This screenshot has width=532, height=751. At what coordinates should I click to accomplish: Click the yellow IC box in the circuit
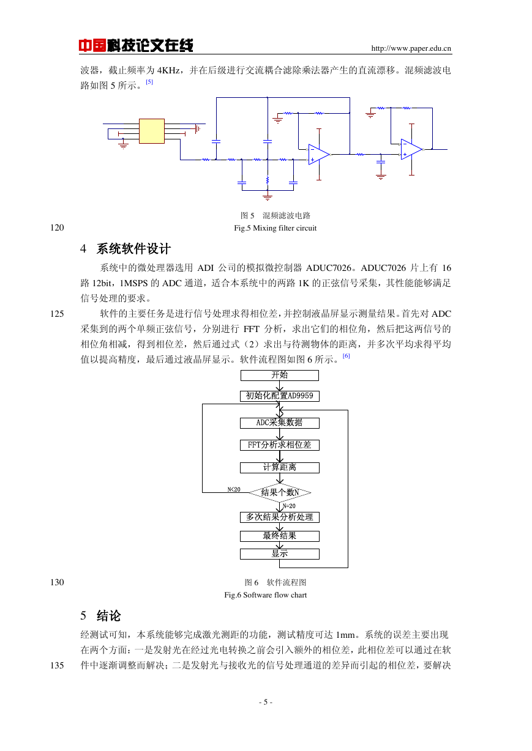click(152, 131)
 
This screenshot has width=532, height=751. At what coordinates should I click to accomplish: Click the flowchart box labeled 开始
click(280, 375)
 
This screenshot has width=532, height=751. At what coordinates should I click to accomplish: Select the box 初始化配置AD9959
click(280, 396)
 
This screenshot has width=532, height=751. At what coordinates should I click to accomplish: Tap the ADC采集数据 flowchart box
click(280, 423)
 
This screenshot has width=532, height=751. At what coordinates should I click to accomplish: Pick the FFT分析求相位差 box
click(280, 445)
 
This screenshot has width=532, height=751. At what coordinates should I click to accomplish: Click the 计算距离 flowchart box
click(280, 468)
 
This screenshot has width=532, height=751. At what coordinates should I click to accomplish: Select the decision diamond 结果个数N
click(280, 492)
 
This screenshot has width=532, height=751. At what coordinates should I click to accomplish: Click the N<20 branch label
click(234, 489)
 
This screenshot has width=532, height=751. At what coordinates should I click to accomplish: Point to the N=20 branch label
click(289, 506)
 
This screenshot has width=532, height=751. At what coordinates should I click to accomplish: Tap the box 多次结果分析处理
click(280, 517)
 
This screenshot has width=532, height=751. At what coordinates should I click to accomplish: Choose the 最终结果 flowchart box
click(280, 536)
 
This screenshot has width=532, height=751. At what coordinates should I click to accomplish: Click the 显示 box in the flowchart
click(280, 554)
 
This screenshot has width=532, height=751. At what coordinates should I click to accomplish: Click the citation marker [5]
click(149, 82)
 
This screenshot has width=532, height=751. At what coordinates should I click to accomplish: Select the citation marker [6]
click(346, 356)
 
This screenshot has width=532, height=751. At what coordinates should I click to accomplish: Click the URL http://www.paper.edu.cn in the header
click(411, 48)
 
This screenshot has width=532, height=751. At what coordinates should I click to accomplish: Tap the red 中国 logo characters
click(92, 45)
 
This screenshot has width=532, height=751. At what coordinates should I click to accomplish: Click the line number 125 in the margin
click(57, 314)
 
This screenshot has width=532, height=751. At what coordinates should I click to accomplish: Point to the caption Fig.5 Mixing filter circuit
click(275, 228)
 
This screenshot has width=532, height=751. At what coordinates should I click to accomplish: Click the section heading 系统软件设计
click(133, 249)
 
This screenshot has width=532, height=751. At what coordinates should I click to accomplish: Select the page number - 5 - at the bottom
click(266, 701)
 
